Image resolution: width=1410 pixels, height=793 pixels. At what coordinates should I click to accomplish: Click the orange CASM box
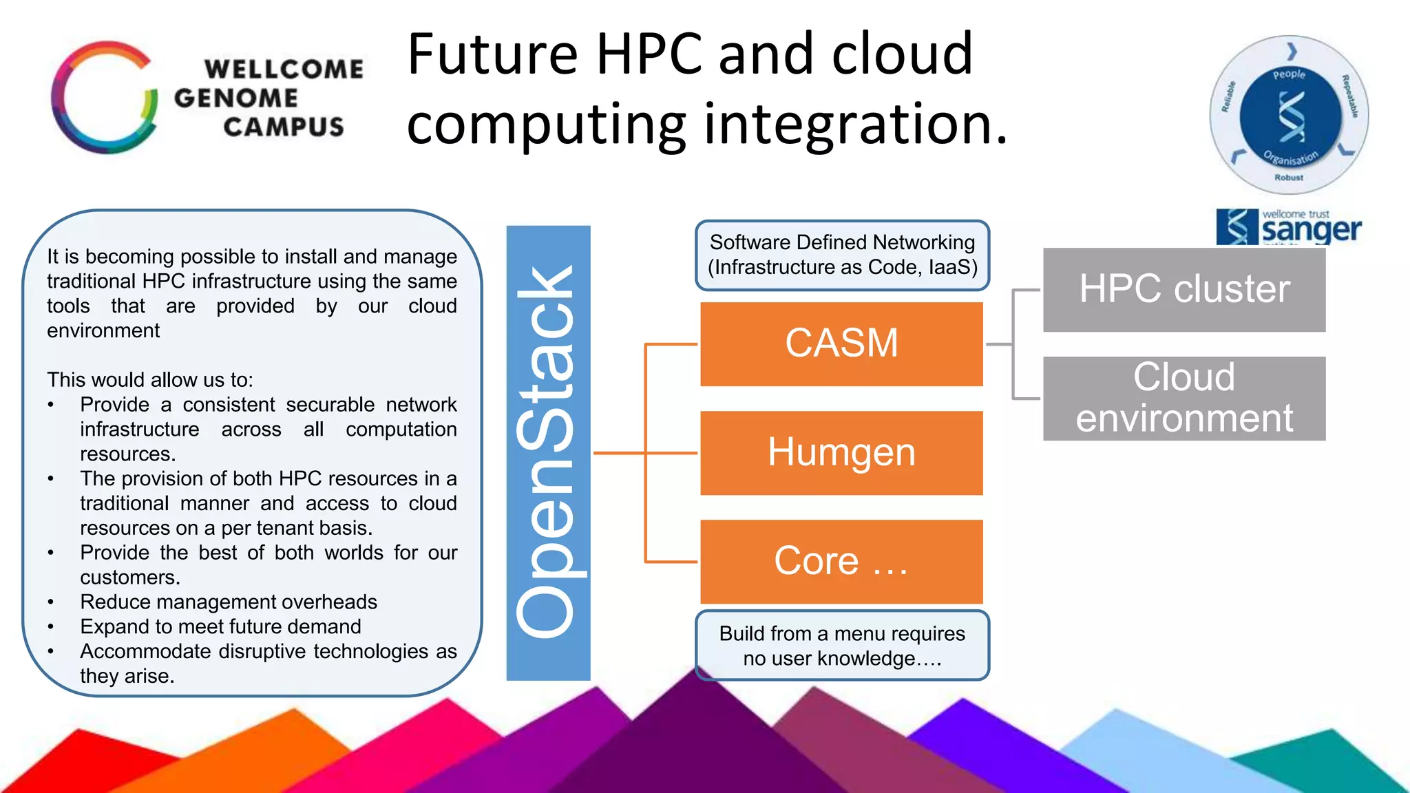tap(841, 343)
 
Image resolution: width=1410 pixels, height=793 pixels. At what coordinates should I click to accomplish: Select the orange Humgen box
tap(841, 452)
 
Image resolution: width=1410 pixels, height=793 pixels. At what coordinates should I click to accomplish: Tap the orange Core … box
tap(841, 561)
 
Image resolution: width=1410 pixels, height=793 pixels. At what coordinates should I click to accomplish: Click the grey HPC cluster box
tap(1183, 289)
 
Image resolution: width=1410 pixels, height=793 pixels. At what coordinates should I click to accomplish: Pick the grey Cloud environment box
tap(1183, 398)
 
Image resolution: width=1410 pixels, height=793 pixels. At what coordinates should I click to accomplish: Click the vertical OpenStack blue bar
tap(548, 452)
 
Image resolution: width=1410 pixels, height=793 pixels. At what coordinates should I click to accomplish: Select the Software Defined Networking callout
tap(842, 255)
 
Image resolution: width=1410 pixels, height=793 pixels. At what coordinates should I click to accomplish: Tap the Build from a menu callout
tap(842, 646)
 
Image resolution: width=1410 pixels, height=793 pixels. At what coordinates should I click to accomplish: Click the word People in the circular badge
tap(1289, 74)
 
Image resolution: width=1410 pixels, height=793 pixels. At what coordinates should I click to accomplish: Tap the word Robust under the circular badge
tap(1288, 178)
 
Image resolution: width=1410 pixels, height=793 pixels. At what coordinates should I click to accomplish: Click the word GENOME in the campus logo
tap(235, 98)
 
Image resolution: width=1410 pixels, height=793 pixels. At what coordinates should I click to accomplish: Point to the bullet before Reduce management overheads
tap(51, 602)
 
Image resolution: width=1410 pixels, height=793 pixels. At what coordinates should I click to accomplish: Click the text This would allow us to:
tap(149, 379)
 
